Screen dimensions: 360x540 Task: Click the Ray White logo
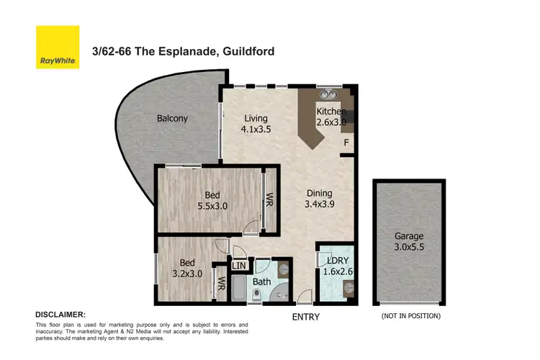click(58, 47)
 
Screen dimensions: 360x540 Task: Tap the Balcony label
click(172, 118)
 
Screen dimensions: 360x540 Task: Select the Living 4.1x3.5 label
click(255, 125)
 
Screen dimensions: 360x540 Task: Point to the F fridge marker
click(346, 143)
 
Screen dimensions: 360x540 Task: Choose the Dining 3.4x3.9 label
click(319, 199)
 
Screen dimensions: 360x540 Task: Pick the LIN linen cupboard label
click(239, 266)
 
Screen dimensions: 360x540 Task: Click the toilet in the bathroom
click(257, 295)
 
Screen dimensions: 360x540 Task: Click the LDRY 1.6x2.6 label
click(337, 265)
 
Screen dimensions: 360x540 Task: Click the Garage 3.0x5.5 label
click(409, 241)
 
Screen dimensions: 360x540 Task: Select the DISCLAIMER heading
click(60, 315)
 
